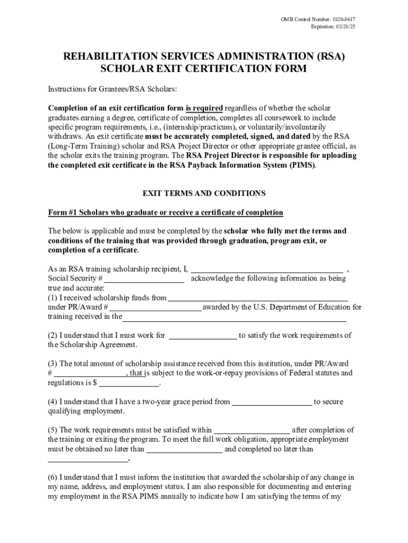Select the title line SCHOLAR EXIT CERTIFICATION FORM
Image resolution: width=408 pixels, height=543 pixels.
tap(204, 69)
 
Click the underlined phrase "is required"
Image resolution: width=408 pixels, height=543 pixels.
tap(203, 108)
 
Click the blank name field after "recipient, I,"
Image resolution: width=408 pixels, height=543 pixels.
tap(267, 268)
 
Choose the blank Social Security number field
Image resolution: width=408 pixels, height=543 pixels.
tap(144, 278)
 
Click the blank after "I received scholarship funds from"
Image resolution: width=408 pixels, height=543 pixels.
tap(258, 298)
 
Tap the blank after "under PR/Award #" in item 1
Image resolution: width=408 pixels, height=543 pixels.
tap(155, 308)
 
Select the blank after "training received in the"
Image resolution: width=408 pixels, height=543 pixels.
tap(234, 317)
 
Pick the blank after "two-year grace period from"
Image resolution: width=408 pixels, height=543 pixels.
tap(272, 402)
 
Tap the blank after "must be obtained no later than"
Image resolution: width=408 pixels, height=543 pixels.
tap(184, 450)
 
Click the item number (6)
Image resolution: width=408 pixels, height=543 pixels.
tap(52, 477)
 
